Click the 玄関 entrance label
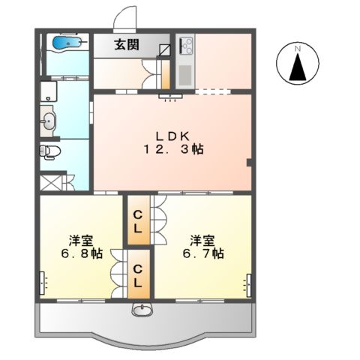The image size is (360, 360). tap(127, 45)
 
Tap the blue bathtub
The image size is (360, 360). tap(67, 42)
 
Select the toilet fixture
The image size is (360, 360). tap(50, 151)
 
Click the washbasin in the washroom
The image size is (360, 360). tap(48, 121)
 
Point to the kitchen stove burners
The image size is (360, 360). tap(187, 45)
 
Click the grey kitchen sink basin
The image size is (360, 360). tap(185, 74)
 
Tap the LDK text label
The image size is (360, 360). tap(172, 136)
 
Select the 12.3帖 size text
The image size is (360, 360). tap(173, 149)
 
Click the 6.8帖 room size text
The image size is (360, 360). tap(82, 253)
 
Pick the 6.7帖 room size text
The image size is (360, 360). tap(203, 253)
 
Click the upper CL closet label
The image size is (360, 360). tap(138, 221)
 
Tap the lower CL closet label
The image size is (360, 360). tap(138, 276)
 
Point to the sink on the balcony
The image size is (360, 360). tap(142, 310)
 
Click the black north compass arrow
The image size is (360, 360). tap(298, 67)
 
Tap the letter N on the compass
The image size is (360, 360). tap(298, 49)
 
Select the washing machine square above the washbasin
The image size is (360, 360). tap(49, 91)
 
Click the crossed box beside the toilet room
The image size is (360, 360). tap(51, 183)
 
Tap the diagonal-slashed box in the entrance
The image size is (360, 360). tap(165, 49)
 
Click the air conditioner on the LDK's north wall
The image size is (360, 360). tap(171, 96)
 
